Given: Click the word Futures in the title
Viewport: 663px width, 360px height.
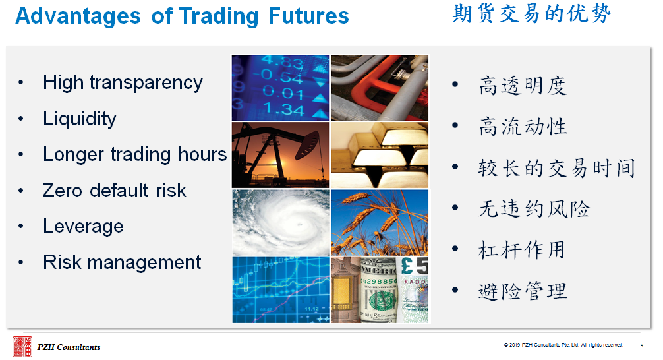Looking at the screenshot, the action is (x=308, y=16).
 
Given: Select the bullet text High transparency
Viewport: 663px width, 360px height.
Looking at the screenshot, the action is (x=123, y=83).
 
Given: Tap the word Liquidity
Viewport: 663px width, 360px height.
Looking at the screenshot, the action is (x=80, y=119).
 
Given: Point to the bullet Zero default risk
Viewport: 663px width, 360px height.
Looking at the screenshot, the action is (x=114, y=191).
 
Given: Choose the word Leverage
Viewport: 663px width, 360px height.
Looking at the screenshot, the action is (x=83, y=226).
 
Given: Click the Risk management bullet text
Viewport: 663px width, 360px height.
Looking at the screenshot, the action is (x=122, y=262).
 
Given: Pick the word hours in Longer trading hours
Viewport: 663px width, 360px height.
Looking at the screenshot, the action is (x=202, y=154).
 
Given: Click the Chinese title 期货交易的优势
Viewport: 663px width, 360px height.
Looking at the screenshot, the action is (x=531, y=14).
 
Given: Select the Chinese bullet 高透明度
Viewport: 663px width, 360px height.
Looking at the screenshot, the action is (x=523, y=86).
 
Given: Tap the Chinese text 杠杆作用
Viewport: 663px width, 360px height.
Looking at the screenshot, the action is (x=522, y=250).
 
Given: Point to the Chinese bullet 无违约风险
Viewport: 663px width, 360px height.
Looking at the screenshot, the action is (x=534, y=208).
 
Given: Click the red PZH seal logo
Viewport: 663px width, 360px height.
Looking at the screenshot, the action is (x=22, y=346).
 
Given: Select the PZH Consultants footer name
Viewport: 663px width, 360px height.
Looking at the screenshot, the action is (x=69, y=347).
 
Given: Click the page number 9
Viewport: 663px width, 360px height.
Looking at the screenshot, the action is (x=641, y=345).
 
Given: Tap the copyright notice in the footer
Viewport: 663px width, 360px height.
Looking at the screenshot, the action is (x=563, y=345).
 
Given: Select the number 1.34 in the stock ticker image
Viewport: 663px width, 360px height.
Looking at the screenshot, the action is (x=284, y=109).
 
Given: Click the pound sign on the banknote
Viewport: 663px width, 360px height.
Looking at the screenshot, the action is (x=407, y=266).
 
